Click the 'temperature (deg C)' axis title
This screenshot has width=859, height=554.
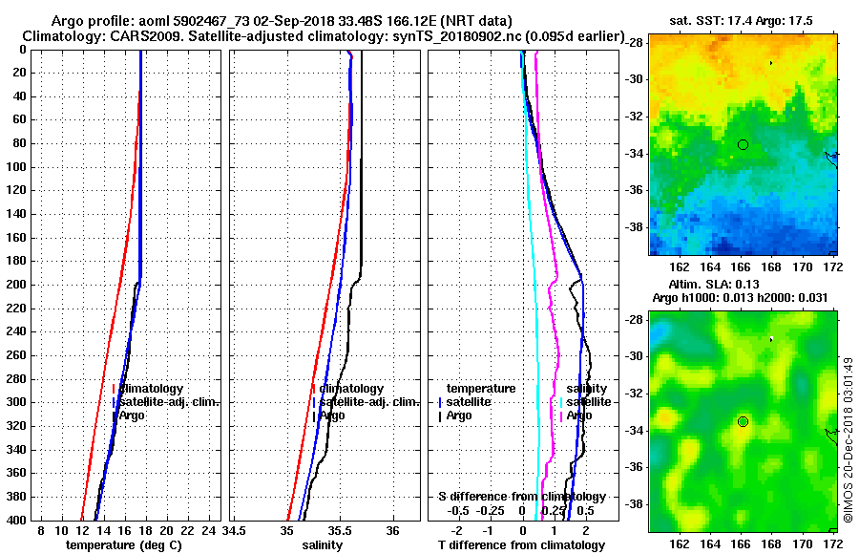pos(123,545)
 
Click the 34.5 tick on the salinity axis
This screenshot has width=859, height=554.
pos(234,530)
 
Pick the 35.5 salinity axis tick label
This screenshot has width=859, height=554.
pos(339,530)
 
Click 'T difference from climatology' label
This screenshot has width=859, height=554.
pos(521,545)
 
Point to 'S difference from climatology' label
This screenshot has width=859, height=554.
pos(521,497)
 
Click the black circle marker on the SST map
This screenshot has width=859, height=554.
pos(743,144)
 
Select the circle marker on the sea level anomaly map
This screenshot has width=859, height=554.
pos(743,421)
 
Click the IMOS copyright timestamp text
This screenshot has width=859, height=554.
pos(848,439)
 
